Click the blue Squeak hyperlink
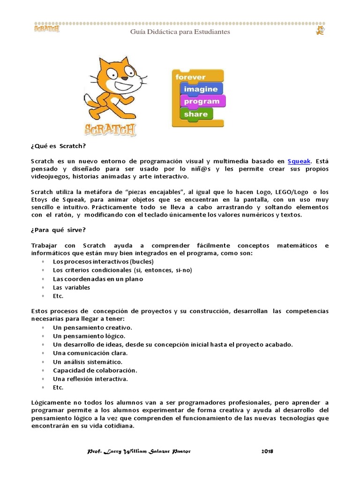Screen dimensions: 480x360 [x=299, y=161]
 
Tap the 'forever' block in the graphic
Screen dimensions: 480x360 [x=190, y=77]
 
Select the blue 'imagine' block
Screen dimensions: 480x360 [x=201, y=89]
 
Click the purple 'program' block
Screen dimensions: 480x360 [x=202, y=101]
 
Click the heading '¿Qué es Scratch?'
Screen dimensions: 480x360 [x=59, y=146]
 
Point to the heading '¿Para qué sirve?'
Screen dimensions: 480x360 [x=59, y=230]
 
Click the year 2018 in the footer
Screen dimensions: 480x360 [x=267, y=451]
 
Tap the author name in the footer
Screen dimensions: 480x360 [x=139, y=451]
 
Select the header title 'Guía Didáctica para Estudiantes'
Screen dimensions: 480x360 [x=180, y=32]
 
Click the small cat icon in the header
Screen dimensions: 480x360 [x=320, y=31]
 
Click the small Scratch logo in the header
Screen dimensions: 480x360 [x=46, y=29]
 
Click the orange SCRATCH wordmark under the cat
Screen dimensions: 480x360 [x=110, y=129]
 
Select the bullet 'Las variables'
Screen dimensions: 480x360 [x=71, y=287]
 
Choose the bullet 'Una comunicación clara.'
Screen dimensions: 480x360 [x=90, y=353]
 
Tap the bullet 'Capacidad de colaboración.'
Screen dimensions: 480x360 [x=95, y=370]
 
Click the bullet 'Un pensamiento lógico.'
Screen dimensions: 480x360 [x=89, y=336]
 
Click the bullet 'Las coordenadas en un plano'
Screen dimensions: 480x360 [x=98, y=279]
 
